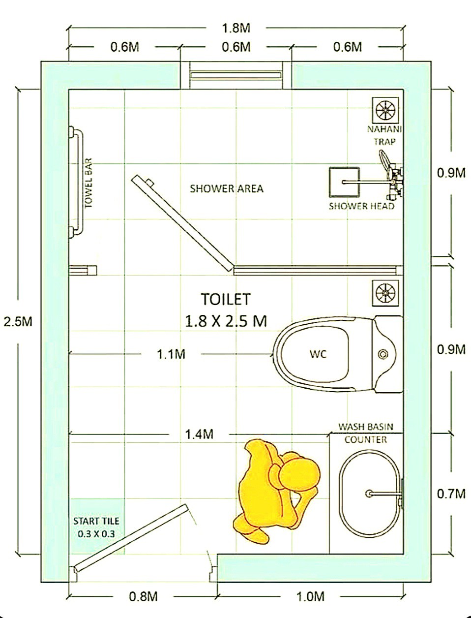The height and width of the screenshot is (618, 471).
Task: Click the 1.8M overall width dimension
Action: click(x=236, y=28)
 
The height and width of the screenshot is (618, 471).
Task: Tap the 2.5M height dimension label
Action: click(x=18, y=321)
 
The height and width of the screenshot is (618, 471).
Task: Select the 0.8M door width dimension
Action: click(x=143, y=596)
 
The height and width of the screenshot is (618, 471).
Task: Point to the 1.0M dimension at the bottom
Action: click(x=310, y=596)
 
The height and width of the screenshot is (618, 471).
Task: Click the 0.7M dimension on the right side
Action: click(x=451, y=494)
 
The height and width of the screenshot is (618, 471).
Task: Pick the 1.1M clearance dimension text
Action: click(x=171, y=354)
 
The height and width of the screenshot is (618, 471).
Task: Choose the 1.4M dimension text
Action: click(x=199, y=434)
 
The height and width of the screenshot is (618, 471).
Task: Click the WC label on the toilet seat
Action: click(x=318, y=354)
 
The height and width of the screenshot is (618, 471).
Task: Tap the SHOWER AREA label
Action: click(x=227, y=188)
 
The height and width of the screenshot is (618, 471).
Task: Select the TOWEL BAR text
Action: click(x=88, y=183)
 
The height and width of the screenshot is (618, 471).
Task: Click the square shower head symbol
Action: click(x=345, y=182)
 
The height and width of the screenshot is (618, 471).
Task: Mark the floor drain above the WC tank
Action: click(x=385, y=293)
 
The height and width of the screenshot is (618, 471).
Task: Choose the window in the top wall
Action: click(x=235, y=75)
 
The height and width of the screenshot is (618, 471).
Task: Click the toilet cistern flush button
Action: click(x=383, y=354)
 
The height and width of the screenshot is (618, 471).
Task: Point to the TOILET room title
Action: click(x=226, y=299)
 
